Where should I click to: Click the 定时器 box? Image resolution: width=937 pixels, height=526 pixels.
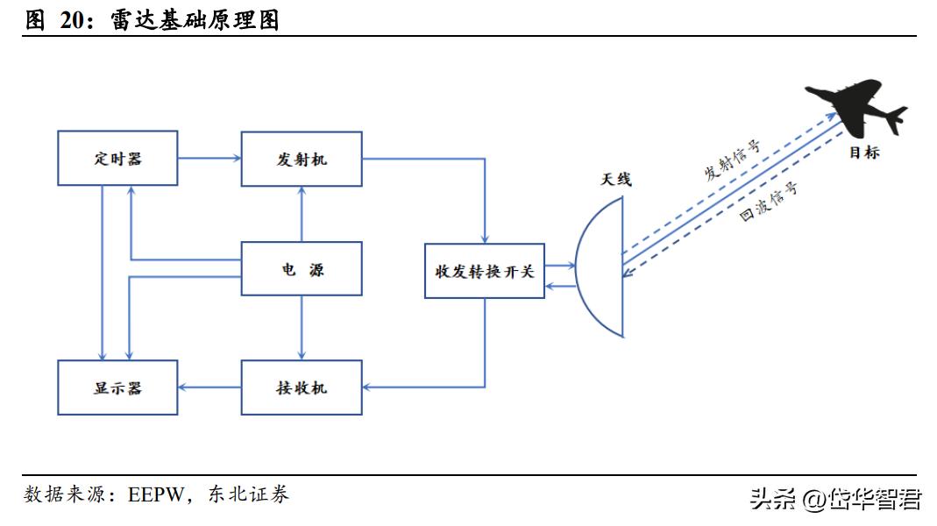(117, 159)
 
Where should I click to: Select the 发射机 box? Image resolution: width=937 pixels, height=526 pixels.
(301, 159)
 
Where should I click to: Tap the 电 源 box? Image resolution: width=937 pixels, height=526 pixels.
(301, 270)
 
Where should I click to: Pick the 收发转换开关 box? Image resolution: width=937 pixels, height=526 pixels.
(484, 271)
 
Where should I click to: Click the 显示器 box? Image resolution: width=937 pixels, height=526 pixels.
(117, 387)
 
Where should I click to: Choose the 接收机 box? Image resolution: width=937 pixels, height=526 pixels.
(301, 387)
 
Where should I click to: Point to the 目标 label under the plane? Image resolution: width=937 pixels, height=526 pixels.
(863, 153)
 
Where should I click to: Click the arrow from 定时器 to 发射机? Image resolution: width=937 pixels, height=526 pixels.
(209, 159)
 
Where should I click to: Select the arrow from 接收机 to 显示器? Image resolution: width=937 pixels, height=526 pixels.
(209, 387)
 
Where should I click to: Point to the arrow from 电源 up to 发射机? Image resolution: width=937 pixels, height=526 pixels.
(302, 214)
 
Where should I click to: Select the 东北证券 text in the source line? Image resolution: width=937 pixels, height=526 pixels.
(249, 495)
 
